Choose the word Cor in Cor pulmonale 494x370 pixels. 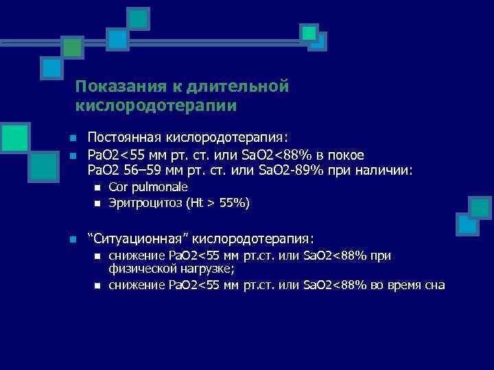pos(118,187)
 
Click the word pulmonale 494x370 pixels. pos(159,187)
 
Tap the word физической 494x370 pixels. pos(139,269)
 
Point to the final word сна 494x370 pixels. pos(434,285)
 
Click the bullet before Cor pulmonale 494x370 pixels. pos(97,188)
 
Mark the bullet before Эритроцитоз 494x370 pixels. pos(97,203)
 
